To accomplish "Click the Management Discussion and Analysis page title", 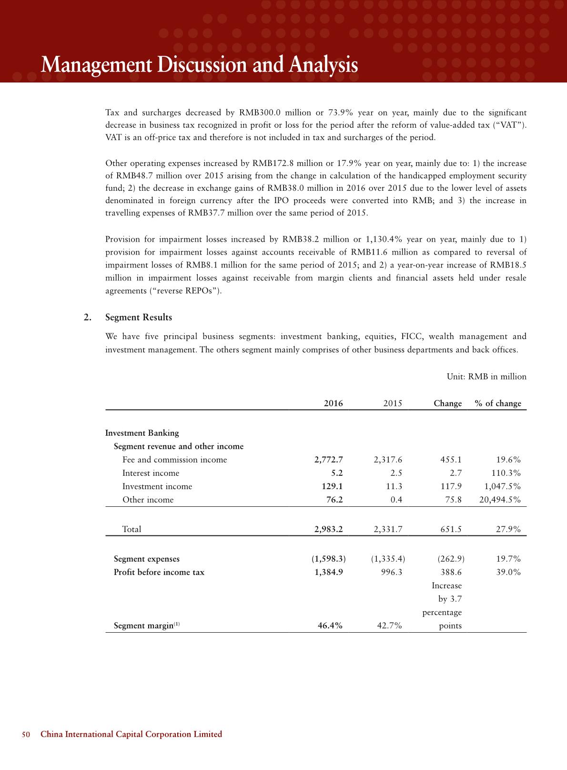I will (x=199, y=65).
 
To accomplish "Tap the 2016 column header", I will (x=334, y=403).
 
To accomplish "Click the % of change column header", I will (x=498, y=403).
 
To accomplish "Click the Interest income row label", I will (x=151, y=473).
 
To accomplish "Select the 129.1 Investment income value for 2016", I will (x=333, y=486).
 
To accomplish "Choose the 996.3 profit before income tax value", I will (x=393, y=572).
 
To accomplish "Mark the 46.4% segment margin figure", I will (x=330, y=626).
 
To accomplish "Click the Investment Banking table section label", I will (x=142, y=433).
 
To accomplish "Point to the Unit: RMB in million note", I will (x=486, y=377).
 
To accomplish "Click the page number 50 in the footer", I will (x=26, y=734).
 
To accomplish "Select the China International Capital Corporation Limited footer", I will (x=132, y=734).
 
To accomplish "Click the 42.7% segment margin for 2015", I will (x=390, y=626).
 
